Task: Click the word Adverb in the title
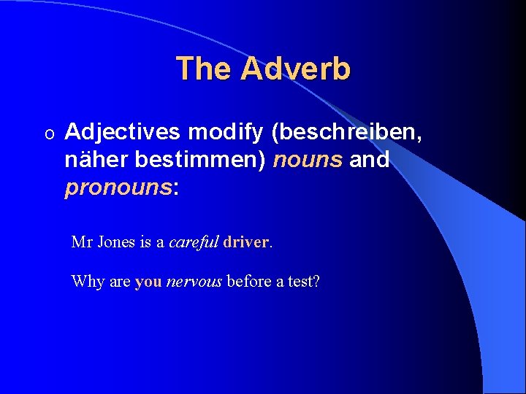(295, 69)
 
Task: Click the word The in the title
(204, 69)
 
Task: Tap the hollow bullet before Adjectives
(49, 134)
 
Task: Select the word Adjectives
(122, 132)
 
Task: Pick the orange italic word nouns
(307, 160)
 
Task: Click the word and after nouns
(369, 160)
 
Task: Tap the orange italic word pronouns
(118, 188)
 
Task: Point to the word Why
(88, 282)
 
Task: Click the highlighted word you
(148, 282)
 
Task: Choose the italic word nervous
(194, 282)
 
